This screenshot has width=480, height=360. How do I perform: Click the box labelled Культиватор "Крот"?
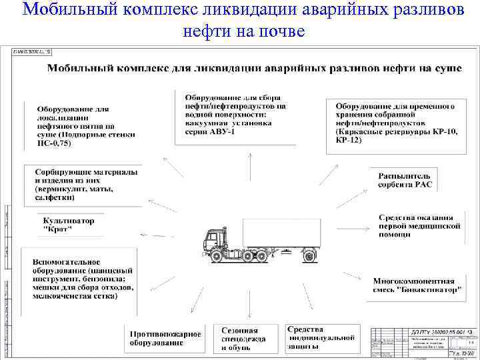69,225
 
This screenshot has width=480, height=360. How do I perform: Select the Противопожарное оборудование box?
156,338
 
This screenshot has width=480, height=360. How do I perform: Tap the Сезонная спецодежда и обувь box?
245,339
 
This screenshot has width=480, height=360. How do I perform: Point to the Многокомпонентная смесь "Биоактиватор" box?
417,285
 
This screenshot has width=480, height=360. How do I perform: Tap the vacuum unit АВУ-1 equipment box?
236,114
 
